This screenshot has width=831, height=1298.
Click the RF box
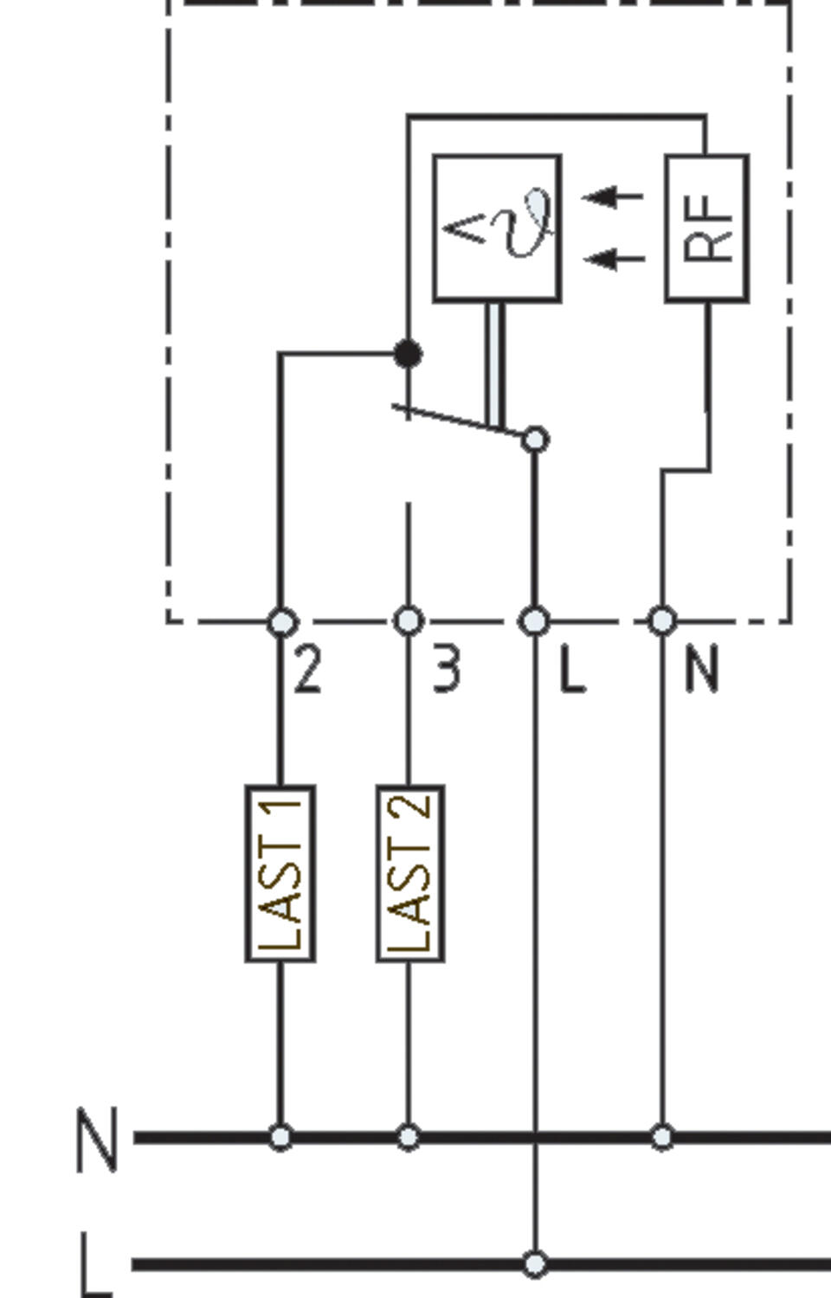tap(706, 228)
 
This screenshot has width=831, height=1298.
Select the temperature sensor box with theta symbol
tap(497, 228)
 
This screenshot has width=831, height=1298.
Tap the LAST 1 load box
tap(280, 873)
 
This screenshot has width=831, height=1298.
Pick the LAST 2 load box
tap(409, 873)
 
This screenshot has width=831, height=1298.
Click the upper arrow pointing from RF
tap(613, 196)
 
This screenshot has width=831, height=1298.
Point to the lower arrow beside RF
tap(613, 258)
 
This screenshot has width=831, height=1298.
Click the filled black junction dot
tap(408, 353)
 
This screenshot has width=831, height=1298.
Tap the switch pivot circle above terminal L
tap(535, 440)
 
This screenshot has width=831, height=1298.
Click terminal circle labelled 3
tap(409, 620)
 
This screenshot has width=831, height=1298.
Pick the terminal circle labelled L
tap(535, 620)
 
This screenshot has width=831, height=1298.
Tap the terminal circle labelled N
tap(662, 620)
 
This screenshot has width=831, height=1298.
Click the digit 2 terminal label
tap(308, 670)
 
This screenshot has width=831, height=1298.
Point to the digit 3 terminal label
tap(446, 670)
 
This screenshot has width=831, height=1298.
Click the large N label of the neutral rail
tap(97, 1139)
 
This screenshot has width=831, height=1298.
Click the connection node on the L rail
tap(536, 1264)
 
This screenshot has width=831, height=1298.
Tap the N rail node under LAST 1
tap(280, 1137)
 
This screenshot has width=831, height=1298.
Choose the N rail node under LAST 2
tap(409, 1137)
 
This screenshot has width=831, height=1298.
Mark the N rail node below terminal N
tap(662, 1137)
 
